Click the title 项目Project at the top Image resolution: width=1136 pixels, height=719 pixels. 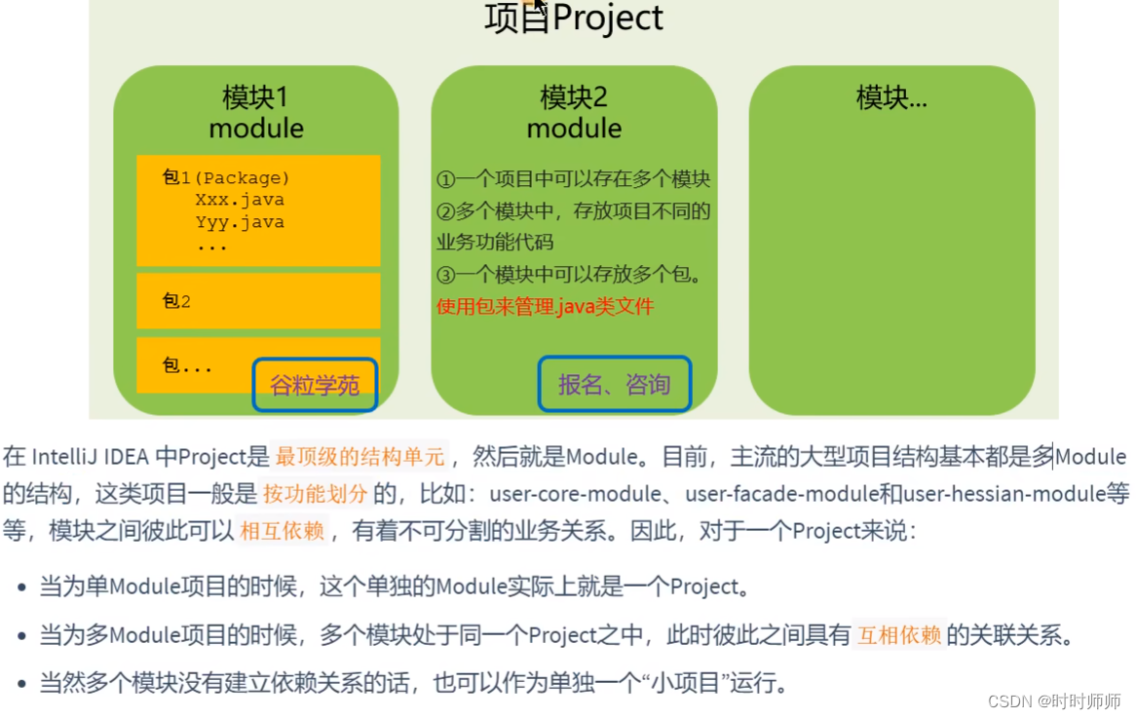574,19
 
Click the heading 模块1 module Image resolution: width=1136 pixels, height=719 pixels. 256,113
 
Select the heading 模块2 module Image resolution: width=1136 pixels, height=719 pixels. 574,113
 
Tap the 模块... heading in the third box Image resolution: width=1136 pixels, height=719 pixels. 891,97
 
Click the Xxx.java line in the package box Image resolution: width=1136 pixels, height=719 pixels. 240,200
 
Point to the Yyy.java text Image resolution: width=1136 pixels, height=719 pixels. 240,222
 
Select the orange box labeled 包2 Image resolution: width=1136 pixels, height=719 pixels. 258,301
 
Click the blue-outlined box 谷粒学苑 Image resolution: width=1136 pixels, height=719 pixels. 315,385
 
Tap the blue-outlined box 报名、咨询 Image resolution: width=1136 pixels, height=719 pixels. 614,384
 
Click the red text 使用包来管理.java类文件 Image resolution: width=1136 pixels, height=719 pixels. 545,307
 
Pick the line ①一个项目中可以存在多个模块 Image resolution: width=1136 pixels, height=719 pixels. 573,179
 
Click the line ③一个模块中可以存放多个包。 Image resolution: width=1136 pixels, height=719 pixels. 569,275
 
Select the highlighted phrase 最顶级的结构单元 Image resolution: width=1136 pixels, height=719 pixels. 360,456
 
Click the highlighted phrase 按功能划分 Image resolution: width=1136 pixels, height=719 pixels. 316,493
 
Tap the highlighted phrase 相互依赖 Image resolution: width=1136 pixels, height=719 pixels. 282,531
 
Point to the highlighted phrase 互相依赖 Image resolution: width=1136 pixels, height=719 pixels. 899,636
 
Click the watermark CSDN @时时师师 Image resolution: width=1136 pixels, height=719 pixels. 1054,701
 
